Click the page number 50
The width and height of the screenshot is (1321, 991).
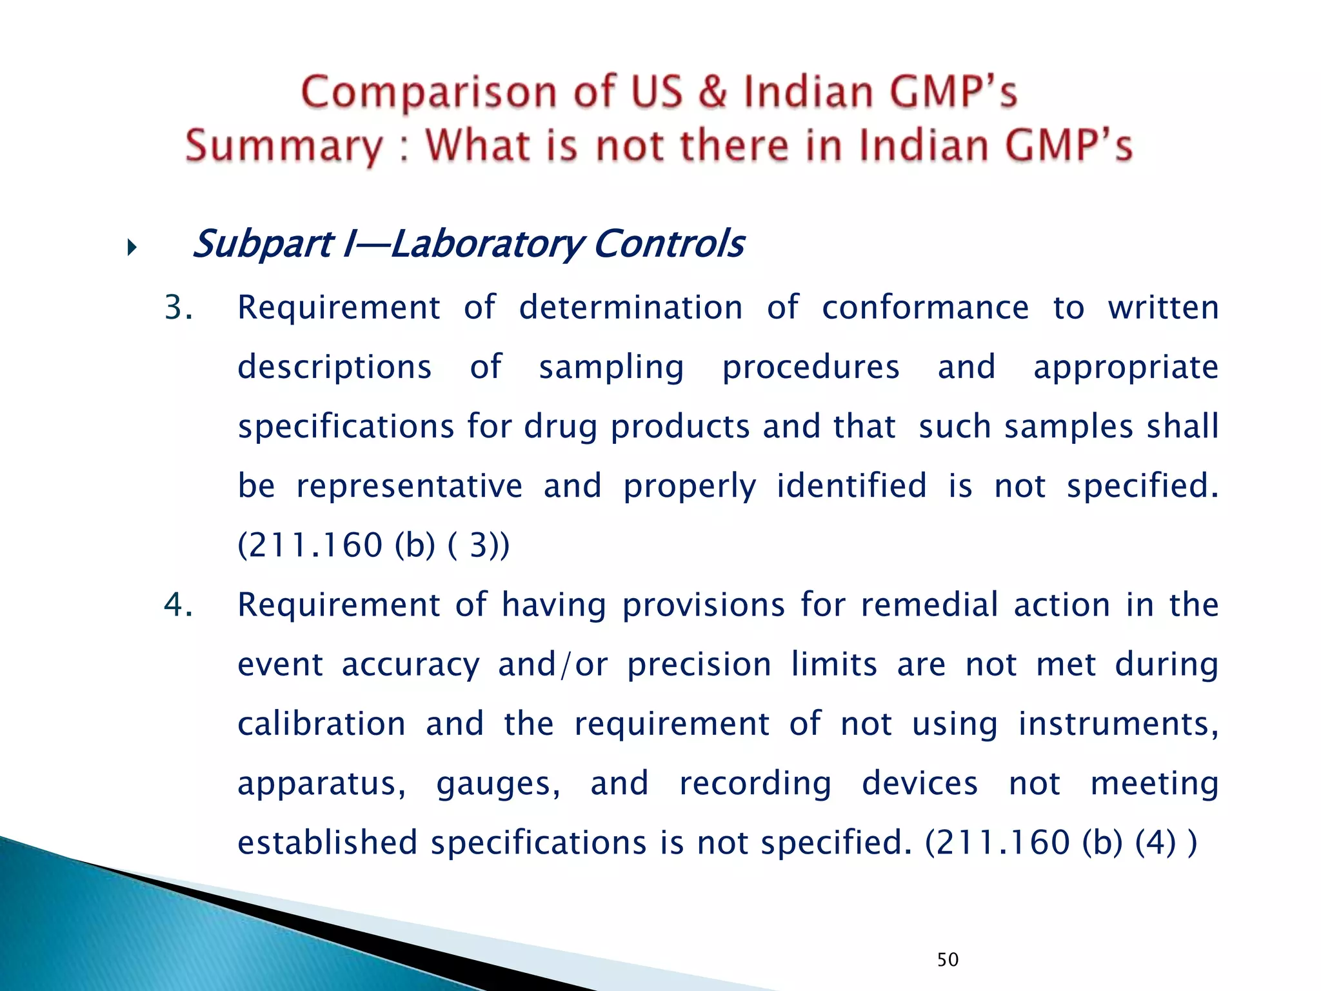point(948,959)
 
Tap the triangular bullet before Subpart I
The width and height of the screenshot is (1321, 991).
point(132,247)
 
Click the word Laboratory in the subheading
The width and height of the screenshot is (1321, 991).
point(487,245)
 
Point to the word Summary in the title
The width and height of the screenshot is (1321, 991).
point(284,146)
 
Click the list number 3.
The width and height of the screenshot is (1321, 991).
point(178,308)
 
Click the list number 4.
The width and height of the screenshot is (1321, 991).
point(178,605)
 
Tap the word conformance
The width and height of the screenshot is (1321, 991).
point(925,308)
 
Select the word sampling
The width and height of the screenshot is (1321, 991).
point(611,367)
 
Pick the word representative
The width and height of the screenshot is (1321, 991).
point(409,486)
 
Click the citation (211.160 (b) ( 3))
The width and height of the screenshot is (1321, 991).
point(373,545)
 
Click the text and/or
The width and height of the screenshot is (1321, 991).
point(553,665)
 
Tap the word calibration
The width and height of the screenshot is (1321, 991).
point(321,724)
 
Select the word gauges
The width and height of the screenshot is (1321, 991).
point(498,783)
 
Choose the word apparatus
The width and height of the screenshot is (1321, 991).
point(321,783)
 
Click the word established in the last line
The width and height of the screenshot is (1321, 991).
point(327,843)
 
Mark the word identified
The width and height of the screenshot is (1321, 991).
point(851,486)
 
